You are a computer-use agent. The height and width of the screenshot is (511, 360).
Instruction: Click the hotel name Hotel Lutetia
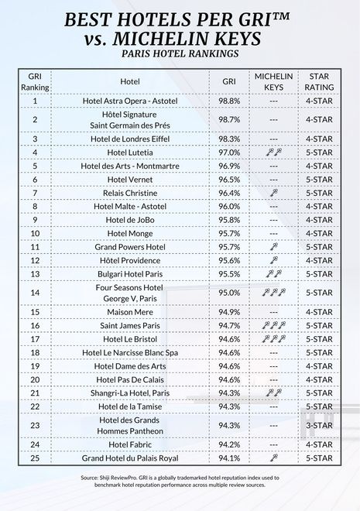[x=130, y=153]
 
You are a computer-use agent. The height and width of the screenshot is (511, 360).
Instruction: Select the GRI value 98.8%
[x=229, y=101]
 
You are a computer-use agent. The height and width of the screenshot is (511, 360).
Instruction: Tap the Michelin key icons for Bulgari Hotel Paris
[x=273, y=273]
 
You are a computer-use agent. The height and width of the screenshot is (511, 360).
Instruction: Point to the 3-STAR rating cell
[x=320, y=425]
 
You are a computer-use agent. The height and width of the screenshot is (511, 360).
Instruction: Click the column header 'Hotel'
[x=130, y=81]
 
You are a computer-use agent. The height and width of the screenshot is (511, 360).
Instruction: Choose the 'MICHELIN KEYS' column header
[x=273, y=82]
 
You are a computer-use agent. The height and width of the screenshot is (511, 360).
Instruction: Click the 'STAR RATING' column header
[x=320, y=82]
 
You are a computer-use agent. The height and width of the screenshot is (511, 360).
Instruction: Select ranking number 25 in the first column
[x=36, y=458]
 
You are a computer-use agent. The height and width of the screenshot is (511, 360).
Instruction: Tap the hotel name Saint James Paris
[x=130, y=326]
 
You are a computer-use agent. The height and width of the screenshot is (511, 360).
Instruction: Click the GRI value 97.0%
[x=229, y=153]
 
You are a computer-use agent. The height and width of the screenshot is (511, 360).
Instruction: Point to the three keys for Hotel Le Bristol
[x=273, y=339]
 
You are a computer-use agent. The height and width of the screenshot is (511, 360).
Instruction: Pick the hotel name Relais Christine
[x=130, y=193]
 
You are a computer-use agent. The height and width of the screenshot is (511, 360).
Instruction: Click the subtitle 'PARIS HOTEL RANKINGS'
[x=180, y=54]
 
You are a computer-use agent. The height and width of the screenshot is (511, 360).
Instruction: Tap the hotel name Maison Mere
[x=130, y=313]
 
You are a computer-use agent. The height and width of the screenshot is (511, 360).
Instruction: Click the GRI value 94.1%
[x=229, y=458]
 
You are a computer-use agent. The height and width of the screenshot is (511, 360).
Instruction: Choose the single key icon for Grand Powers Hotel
[x=273, y=246]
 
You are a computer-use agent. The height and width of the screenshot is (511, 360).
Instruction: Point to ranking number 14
[x=36, y=293]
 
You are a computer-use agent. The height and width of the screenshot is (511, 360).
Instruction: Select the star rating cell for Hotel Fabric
[x=320, y=445]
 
